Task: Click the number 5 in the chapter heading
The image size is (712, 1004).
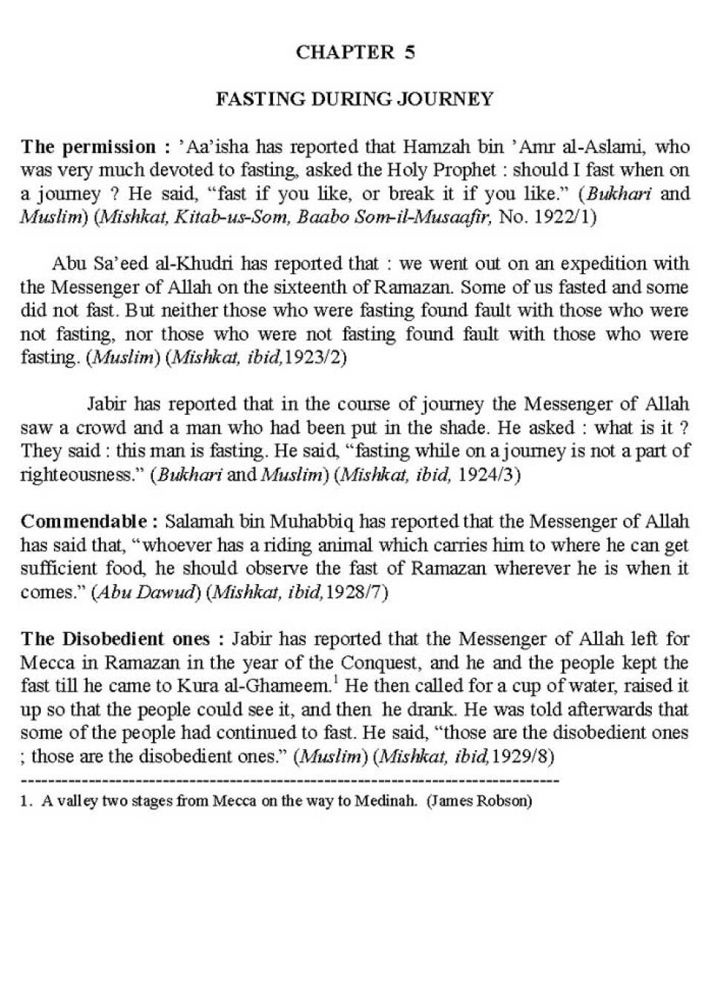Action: pyautogui.click(x=409, y=52)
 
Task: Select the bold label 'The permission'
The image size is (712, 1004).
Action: pyautogui.click(x=88, y=147)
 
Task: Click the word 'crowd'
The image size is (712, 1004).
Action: pyautogui.click(x=102, y=428)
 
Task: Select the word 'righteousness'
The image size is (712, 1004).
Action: pyautogui.click(x=81, y=475)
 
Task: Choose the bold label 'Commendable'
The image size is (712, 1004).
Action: pyautogui.click(x=87, y=522)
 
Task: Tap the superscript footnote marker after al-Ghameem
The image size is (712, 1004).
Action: pyautogui.click(x=336, y=678)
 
